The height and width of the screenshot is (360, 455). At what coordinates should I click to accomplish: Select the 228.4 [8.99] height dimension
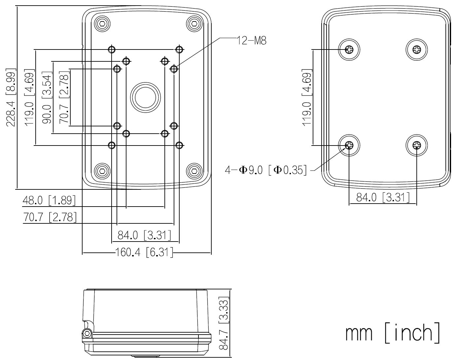coord(11,97)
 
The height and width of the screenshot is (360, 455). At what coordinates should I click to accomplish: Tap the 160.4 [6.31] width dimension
coord(144,253)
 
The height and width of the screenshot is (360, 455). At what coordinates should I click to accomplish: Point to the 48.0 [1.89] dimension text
coord(49,200)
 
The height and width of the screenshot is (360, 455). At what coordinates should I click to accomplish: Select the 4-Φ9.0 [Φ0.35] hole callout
coord(266,171)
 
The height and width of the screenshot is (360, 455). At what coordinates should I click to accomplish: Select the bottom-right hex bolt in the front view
coord(194,171)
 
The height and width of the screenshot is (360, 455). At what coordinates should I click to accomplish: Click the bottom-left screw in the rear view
coord(349,145)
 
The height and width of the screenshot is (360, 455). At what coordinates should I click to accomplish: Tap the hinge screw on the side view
coord(87,333)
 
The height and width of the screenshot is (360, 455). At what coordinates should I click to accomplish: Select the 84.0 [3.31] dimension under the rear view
coord(383,198)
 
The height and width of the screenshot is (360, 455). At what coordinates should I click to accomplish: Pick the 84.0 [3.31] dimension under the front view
coord(145,235)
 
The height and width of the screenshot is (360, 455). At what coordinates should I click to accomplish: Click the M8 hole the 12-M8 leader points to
coord(174,69)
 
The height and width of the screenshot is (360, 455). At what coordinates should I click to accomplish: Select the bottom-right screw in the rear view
coord(417,145)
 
